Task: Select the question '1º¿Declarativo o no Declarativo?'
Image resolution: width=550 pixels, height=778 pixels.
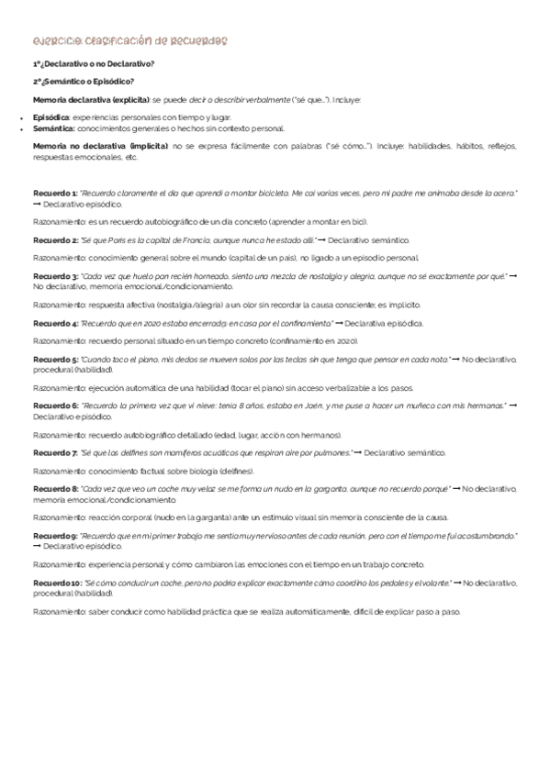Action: (x=94, y=63)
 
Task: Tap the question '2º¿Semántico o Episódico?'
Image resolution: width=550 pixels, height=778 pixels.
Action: (x=83, y=81)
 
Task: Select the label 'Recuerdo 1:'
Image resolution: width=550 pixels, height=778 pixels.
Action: (x=55, y=194)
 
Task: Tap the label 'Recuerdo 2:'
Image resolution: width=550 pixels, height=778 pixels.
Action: (x=55, y=239)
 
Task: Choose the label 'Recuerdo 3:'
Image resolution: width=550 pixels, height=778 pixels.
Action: (x=55, y=275)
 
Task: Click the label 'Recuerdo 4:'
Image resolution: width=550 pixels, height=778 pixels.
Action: (x=55, y=323)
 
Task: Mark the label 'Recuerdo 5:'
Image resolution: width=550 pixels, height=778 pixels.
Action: (x=55, y=359)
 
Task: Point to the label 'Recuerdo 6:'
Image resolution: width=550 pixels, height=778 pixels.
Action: (x=55, y=406)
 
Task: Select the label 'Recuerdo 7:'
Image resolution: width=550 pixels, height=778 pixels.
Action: (x=55, y=453)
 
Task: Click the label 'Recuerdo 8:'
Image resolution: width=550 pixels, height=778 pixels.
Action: (x=55, y=490)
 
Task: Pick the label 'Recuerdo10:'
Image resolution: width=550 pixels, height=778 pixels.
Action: (x=57, y=583)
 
